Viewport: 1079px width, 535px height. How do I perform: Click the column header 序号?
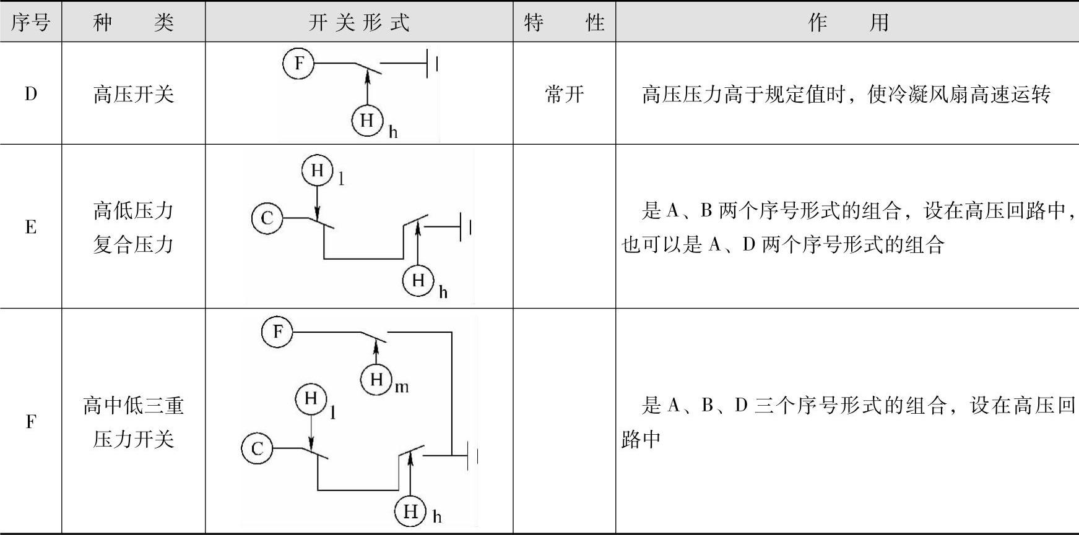click(x=30, y=23)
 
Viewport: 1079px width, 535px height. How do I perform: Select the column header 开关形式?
click(x=359, y=23)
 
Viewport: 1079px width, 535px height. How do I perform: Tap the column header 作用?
click(x=847, y=23)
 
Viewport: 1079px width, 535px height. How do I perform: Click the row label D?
click(x=30, y=95)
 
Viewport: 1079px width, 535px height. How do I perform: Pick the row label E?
click(x=30, y=227)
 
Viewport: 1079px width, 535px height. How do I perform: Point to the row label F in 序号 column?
click(x=30, y=422)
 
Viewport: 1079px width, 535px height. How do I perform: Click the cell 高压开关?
click(x=133, y=95)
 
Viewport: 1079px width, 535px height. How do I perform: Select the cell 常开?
click(x=564, y=95)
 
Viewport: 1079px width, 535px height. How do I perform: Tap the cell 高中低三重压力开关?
click(x=133, y=422)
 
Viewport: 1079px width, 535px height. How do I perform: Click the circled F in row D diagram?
click(x=299, y=63)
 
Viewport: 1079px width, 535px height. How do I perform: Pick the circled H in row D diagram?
click(x=367, y=120)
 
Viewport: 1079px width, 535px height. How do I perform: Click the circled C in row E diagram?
click(x=267, y=218)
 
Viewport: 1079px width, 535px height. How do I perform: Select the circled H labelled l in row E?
click(x=318, y=170)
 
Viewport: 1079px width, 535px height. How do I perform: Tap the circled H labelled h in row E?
click(x=418, y=280)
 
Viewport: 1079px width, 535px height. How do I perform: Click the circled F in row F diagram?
click(x=277, y=332)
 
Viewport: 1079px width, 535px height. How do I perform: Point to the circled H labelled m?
click(x=376, y=379)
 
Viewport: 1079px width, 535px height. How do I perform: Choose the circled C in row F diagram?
click(x=257, y=448)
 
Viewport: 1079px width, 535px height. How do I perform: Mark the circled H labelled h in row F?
click(x=410, y=511)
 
